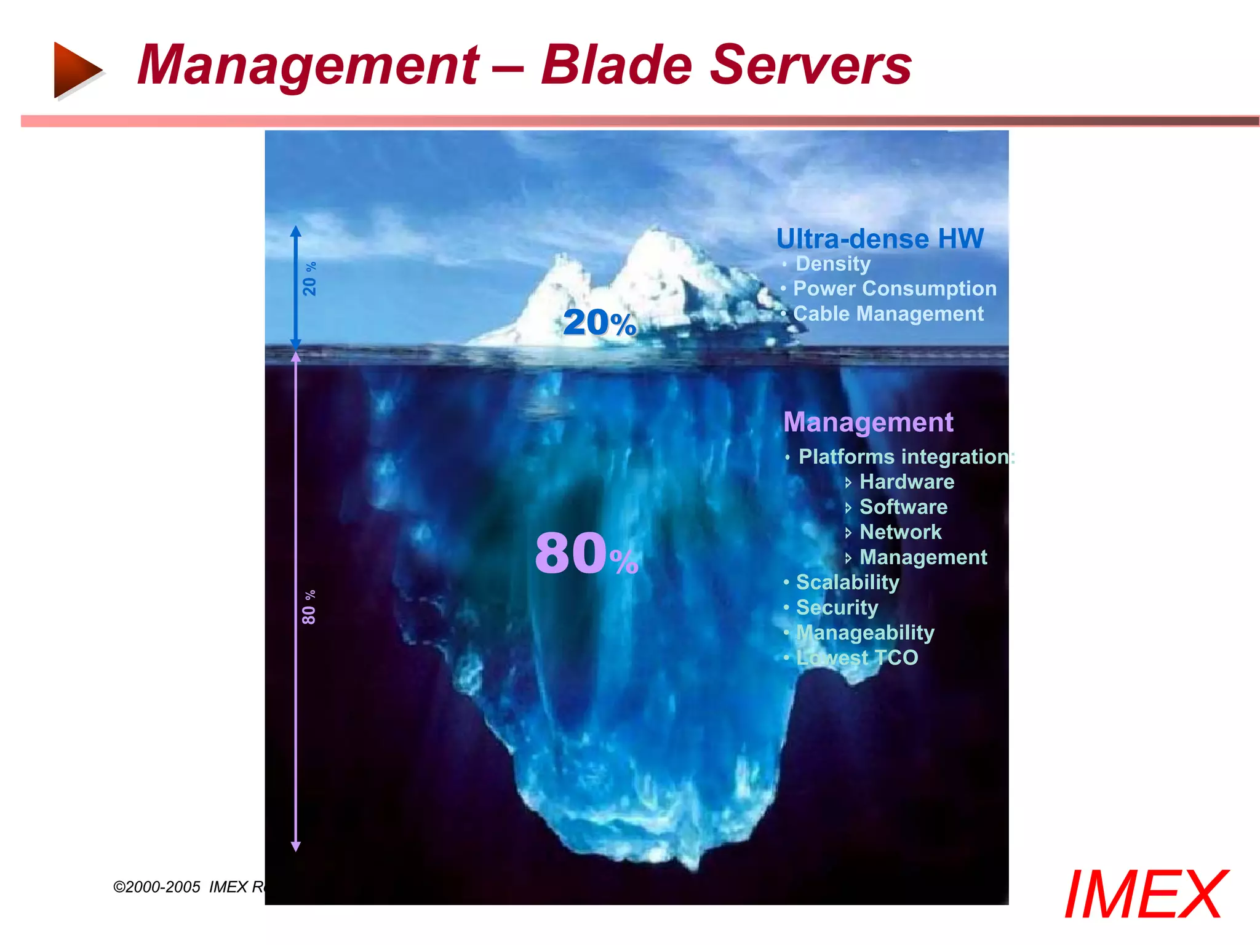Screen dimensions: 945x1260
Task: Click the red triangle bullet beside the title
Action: [x=76, y=70]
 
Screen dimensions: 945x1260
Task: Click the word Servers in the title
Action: [x=810, y=65]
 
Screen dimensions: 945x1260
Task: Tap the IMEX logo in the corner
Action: [x=1146, y=895]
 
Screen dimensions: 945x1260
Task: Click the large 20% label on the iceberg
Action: [x=599, y=322]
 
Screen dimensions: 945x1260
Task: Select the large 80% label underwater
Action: [x=586, y=554]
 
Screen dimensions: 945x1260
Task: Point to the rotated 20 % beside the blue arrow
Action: [x=309, y=279]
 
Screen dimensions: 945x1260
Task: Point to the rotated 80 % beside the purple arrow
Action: [x=309, y=607]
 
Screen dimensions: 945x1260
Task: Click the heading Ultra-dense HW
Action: [x=880, y=239]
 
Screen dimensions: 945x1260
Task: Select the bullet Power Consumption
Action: [x=894, y=289]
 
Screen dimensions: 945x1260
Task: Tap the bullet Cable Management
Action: [x=888, y=314]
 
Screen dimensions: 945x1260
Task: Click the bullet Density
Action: [x=833, y=264]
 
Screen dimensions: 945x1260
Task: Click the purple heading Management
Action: [x=868, y=422]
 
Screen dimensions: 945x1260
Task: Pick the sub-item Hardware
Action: [x=906, y=482]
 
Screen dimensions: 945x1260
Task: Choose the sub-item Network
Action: [x=900, y=532]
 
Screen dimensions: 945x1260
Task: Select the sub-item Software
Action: [x=903, y=507]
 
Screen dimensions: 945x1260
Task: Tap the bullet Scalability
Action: [x=847, y=582]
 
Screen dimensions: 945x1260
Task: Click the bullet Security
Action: [x=837, y=607]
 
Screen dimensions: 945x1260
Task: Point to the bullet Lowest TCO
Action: [x=856, y=658]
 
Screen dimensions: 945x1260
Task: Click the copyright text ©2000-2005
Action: [x=157, y=887]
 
